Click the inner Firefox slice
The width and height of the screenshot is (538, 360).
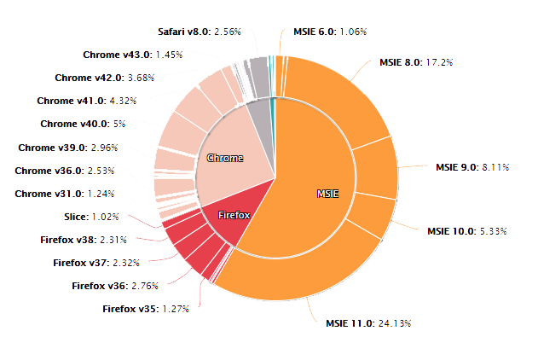coord(232,214)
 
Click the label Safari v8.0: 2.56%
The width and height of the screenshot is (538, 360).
coord(200,32)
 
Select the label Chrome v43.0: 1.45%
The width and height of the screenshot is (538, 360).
coord(121,55)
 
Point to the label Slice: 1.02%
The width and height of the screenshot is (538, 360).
coord(91,217)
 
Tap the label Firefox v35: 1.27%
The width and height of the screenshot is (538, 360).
coord(146,308)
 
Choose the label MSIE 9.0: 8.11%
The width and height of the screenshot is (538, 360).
coord(472,167)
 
